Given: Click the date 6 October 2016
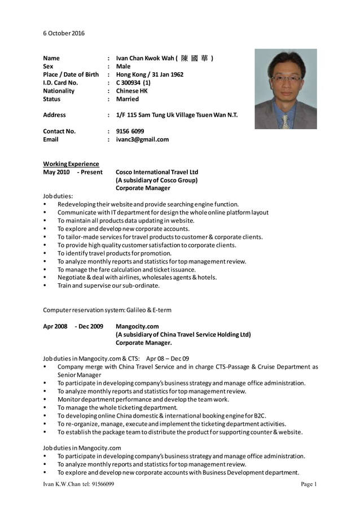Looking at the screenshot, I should click(x=64, y=33).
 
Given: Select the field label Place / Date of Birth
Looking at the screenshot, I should click(x=71, y=74).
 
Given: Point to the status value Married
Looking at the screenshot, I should click(x=127, y=99).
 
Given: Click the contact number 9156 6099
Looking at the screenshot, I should click(x=130, y=131).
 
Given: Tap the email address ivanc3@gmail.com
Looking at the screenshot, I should click(x=142, y=139).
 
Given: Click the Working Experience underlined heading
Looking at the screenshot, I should click(x=71, y=164).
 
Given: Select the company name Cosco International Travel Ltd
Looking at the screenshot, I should click(x=157, y=172).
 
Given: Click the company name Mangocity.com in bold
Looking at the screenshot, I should click(x=137, y=326).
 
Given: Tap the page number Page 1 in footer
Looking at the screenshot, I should click(x=309, y=484).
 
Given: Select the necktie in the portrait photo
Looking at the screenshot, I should click(x=286, y=120).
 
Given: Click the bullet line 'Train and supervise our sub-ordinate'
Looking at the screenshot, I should click(x=108, y=286).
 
